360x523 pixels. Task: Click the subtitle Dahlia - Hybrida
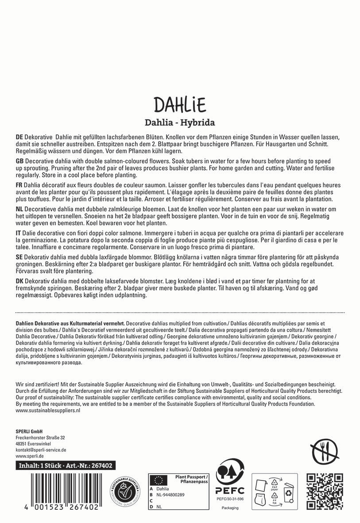[x=180, y=123]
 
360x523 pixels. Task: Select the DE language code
[x=19, y=138]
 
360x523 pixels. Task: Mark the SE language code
[x=19, y=257]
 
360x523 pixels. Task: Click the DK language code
[x=19, y=281]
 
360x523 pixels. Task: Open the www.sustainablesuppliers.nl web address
[x=47, y=411]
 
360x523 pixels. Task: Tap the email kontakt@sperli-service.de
[x=41, y=449]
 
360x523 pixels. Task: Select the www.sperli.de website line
[x=29, y=456]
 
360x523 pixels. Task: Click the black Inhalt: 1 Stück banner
[x=65, y=465]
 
